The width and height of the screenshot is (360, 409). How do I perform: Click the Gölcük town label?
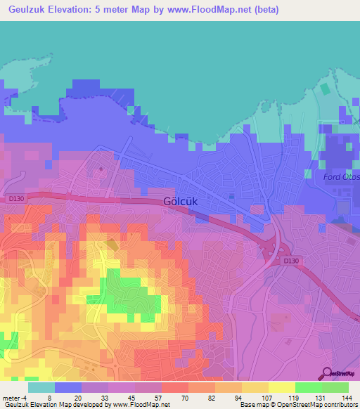(x=179, y=200)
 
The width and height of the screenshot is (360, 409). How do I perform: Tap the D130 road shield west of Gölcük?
(x=17, y=198)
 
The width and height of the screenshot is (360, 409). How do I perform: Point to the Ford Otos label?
(x=341, y=176)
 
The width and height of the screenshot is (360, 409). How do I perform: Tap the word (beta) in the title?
(x=266, y=10)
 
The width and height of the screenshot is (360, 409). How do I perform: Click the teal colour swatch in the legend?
(x=41, y=387)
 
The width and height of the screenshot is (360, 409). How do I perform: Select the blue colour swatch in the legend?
(x=68, y=387)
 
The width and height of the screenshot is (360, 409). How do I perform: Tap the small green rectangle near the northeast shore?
(x=324, y=90)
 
